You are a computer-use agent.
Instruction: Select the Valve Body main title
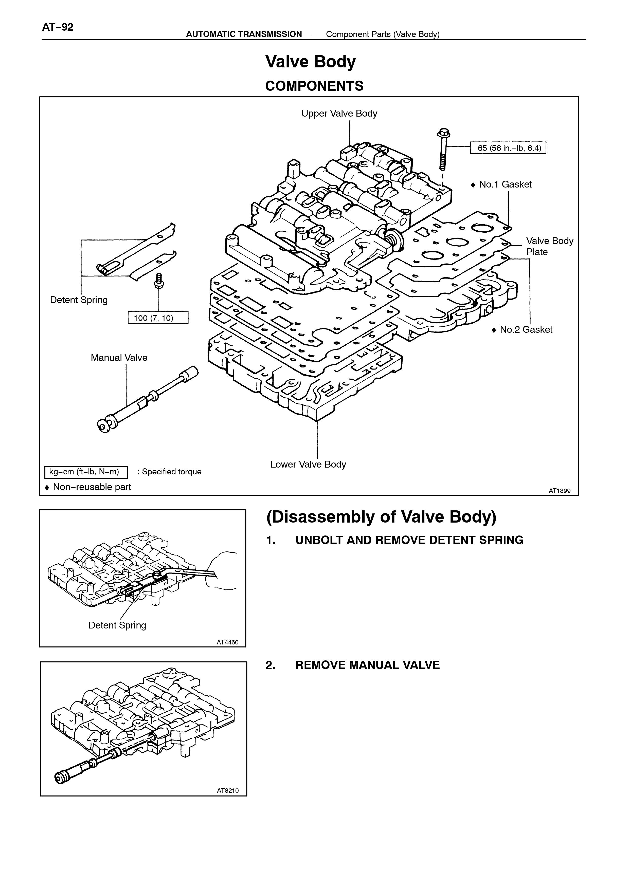pyautogui.click(x=310, y=62)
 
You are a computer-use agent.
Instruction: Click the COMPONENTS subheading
pyautogui.click(x=314, y=86)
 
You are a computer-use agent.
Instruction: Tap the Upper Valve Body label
pyautogui.click(x=339, y=114)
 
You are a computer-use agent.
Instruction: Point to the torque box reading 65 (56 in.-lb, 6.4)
pyautogui.click(x=508, y=148)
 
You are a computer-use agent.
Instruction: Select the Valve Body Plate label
pyautogui.click(x=550, y=246)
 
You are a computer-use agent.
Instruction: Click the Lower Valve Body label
pyautogui.click(x=308, y=464)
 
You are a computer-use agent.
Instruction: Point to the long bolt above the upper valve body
pyautogui.click(x=442, y=150)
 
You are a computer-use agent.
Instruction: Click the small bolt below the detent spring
pyautogui.click(x=159, y=281)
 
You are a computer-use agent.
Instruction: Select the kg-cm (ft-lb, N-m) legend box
pyautogui.click(x=86, y=472)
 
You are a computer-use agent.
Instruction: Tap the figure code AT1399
pyautogui.click(x=559, y=491)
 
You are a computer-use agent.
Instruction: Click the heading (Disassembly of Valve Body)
pyautogui.click(x=381, y=517)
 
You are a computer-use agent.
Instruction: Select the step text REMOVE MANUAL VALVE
pyautogui.click(x=367, y=665)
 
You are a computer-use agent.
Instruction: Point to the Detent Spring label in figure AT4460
pyautogui.click(x=117, y=625)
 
